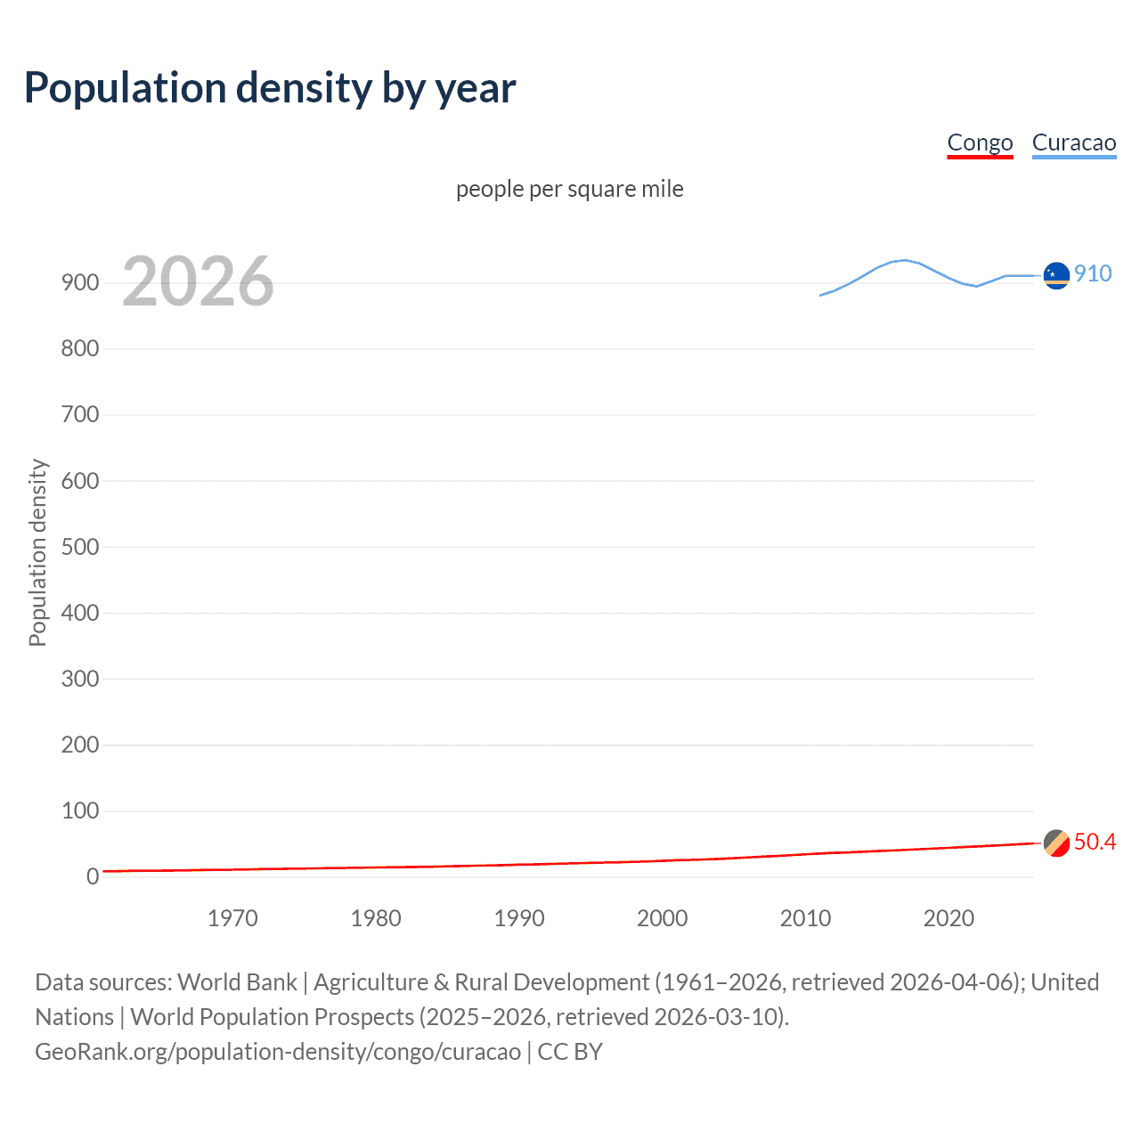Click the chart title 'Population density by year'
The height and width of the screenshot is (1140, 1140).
pos(270,87)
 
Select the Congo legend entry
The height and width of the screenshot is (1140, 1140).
pos(980,142)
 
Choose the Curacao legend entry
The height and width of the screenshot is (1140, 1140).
pos(1073,142)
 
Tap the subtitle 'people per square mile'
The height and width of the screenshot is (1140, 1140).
pos(569,189)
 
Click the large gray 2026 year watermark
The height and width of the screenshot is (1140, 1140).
pos(198,281)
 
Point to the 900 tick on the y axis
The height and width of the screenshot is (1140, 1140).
pos(80,283)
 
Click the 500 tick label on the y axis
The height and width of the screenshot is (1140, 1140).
pos(80,547)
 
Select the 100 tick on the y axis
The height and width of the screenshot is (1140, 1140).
pos(80,810)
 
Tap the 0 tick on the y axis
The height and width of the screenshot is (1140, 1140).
pos(93,876)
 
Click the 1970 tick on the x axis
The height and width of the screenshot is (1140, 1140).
pos(232,918)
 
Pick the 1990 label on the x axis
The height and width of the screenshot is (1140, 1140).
pos(519,918)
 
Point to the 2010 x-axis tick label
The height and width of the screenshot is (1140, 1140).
pos(805,918)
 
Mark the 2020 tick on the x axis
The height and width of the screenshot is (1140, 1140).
pos(949,918)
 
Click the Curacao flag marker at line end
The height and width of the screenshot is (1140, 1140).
pos(1056,276)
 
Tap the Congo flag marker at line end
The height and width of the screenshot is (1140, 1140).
pos(1056,843)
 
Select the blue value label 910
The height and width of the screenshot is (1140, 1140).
pos(1093,273)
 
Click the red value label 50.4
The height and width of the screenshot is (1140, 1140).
pos(1095,842)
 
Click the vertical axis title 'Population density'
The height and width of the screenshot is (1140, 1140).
pos(37,552)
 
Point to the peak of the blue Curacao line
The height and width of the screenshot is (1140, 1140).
pos(904,260)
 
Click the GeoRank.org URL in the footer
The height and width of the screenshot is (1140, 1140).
pos(278,1052)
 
